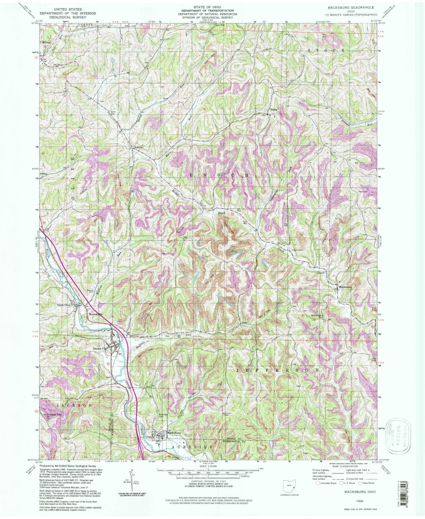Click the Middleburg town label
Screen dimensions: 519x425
(x=346, y=287)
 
